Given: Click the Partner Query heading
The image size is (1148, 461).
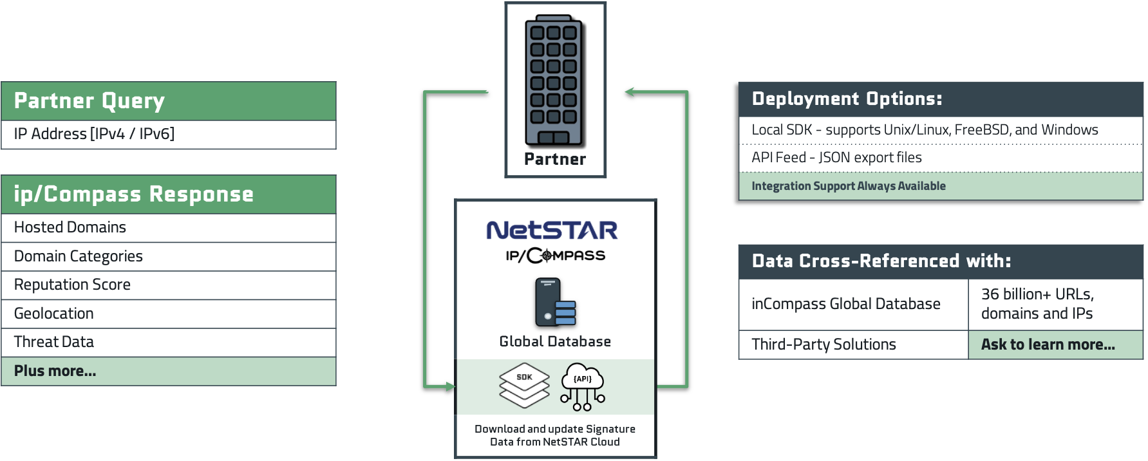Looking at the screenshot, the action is point(89,100).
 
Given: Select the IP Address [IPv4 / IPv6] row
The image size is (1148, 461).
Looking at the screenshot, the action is point(169,135).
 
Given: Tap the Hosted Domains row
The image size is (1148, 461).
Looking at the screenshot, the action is point(169,228).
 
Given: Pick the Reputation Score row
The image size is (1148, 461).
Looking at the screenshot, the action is point(169,285).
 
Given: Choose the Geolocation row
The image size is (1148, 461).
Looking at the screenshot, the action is point(169,314).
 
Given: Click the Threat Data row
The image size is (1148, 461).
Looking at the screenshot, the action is point(169,343).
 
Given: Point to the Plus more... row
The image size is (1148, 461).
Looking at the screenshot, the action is point(169,372).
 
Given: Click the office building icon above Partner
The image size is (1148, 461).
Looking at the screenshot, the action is point(554,80).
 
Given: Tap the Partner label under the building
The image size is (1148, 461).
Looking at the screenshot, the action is point(555,160).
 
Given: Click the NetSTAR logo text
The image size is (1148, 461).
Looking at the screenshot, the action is point(552,230).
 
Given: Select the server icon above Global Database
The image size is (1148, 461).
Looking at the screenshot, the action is point(555,303).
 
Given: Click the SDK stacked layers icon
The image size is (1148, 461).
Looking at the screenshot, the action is point(525,385).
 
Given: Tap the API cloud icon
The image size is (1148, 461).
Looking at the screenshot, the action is point(583,386).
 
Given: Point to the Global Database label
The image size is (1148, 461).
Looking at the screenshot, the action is point(555,342).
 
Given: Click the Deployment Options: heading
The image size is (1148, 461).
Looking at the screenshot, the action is point(847,99).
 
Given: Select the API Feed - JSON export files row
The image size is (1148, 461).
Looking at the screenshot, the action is point(941,158).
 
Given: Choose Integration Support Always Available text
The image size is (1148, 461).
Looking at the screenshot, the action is point(849,186).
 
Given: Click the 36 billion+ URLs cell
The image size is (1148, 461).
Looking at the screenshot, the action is point(1055,304).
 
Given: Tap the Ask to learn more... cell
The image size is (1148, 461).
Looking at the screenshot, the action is point(1055,344).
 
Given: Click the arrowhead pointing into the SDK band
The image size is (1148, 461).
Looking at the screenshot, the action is point(449,387).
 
